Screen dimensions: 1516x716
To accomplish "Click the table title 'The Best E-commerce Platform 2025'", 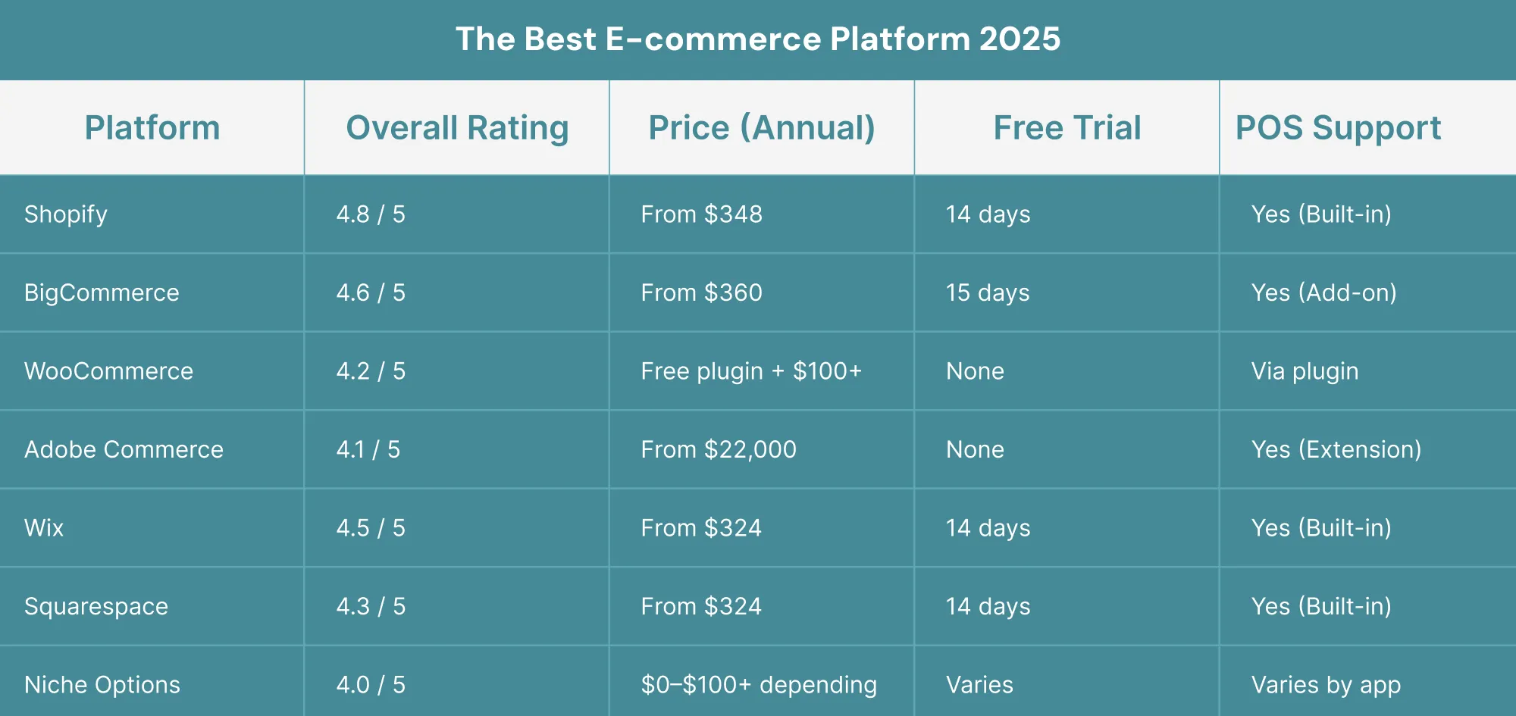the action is [x=758, y=39].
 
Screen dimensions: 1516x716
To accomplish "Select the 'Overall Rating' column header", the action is [x=457, y=128].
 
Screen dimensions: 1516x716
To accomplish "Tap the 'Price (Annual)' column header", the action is [x=762, y=128].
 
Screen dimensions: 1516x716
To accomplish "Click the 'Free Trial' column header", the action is [x=1067, y=127].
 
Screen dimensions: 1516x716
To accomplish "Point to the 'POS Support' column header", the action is [x=1339, y=128].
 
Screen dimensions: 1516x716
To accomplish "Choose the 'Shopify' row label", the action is [x=66, y=214].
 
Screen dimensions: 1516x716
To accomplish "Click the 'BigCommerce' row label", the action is [x=102, y=292].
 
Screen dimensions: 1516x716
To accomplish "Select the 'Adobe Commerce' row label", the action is [x=124, y=449].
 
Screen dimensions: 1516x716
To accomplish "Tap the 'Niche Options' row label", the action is [x=102, y=685].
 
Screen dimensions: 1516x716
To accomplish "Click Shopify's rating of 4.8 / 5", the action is [x=371, y=214].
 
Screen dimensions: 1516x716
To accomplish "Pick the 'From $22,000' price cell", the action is [x=719, y=449].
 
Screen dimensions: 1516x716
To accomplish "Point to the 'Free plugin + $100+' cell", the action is [x=751, y=371].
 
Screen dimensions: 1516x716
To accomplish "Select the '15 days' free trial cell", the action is [x=988, y=292].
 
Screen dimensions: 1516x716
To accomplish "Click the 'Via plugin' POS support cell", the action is [x=1305, y=371].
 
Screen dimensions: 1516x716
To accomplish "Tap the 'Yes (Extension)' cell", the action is [x=1336, y=449].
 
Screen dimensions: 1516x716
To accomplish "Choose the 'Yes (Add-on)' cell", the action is [x=1324, y=292].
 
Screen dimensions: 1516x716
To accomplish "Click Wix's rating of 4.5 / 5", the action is [x=371, y=528].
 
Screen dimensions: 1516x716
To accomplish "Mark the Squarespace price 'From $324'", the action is [x=701, y=606].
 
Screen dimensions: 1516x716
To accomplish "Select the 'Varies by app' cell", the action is [x=1326, y=685].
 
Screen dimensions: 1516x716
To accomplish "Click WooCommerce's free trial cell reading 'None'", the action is [x=975, y=371].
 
